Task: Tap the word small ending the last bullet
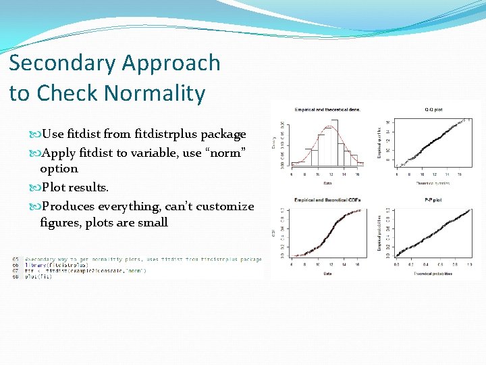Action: (153, 222)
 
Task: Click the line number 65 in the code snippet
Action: (16, 259)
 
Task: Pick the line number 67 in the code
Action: (16, 271)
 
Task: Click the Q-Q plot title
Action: (433, 109)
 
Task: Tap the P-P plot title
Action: (433, 199)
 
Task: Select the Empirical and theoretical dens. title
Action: (327, 109)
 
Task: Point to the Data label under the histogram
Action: (327, 182)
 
